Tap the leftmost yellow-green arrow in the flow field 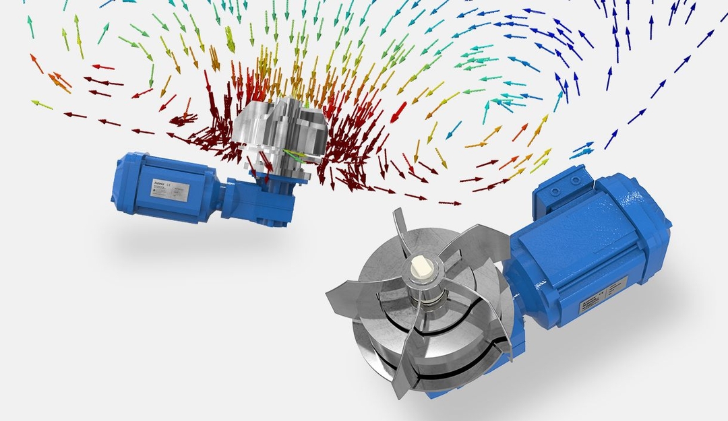(42, 104)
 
